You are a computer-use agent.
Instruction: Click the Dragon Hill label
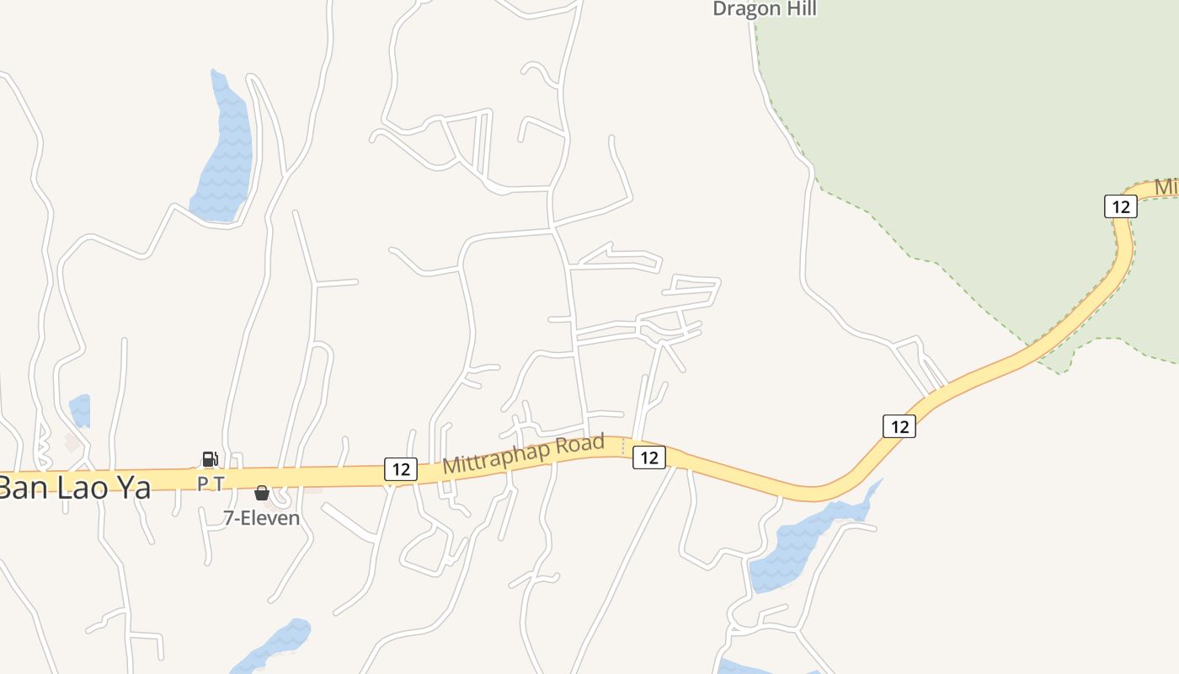(765, 9)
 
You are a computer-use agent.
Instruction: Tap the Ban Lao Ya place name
(74, 488)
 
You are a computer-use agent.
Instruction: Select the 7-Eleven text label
(261, 517)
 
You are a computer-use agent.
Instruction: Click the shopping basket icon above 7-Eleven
(262, 493)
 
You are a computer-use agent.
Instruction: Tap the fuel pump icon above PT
(210, 459)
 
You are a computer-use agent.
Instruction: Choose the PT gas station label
(211, 483)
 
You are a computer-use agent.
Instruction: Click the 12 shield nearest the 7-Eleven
(401, 469)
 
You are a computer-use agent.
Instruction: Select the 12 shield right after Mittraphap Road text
(648, 457)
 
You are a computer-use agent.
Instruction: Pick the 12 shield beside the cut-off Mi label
(1120, 206)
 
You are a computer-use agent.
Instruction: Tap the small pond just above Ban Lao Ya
(80, 410)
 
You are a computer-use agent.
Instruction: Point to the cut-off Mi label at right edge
(1166, 186)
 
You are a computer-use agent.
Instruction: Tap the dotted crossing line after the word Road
(623, 447)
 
